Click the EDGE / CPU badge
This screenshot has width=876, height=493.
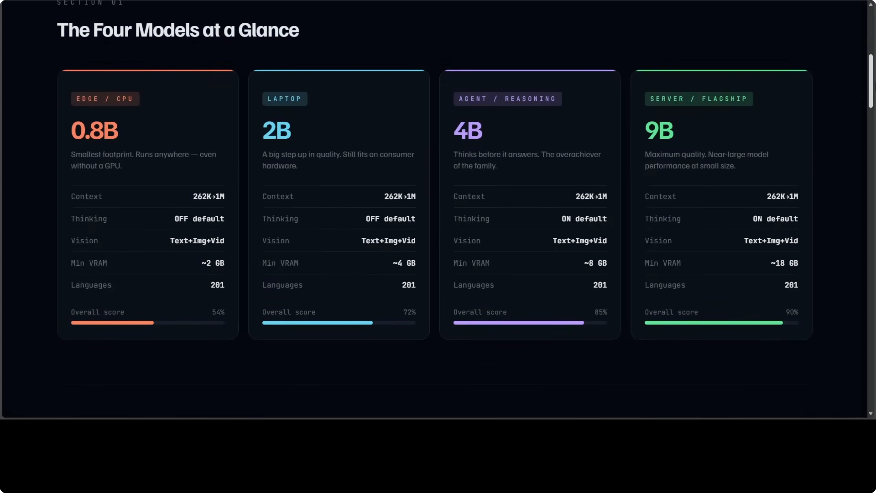(105, 99)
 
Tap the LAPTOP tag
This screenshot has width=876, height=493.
(284, 99)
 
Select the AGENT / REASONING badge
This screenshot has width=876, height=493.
(507, 99)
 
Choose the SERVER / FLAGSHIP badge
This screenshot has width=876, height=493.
(698, 99)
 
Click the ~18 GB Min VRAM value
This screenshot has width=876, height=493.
(784, 263)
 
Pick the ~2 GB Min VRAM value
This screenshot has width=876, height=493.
(213, 263)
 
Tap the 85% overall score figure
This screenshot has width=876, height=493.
(601, 312)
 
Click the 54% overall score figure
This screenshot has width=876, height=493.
(218, 312)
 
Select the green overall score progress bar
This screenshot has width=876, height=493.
(713, 322)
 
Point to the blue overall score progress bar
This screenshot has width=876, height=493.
(317, 322)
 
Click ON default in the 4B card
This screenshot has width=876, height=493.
(584, 219)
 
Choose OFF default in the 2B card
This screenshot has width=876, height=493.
(390, 219)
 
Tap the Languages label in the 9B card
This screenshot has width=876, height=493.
(665, 285)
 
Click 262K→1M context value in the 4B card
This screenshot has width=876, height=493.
(591, 196)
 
